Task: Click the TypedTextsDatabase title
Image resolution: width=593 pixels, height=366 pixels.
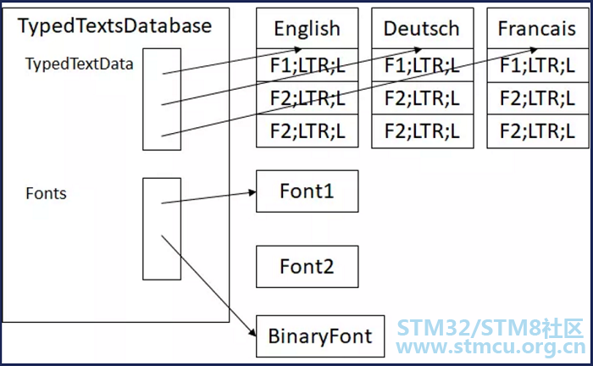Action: coord(115,26)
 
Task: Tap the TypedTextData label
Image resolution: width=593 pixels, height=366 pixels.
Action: coord(80,64)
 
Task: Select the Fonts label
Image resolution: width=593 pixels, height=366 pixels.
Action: coord(47,194)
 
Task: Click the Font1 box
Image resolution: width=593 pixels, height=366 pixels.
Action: coord(307,191)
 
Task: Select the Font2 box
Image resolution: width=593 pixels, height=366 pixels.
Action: coord(307,267)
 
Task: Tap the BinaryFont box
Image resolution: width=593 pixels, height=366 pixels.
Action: coord(320,336)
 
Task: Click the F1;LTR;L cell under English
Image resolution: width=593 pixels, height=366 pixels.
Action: coord(307,64)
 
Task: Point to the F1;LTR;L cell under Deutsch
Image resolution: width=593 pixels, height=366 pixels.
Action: coord(422,64)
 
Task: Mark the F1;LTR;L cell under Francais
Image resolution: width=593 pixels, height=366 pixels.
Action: coord(537,64)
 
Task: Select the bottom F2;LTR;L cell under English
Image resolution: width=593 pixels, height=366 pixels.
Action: coord(307,131)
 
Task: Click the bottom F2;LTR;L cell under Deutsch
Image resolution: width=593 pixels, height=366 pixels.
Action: coord(422,131)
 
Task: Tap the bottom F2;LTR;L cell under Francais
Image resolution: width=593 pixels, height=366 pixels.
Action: coord(537,131)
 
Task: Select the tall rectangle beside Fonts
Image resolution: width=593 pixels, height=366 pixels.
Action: coord(161,228)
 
